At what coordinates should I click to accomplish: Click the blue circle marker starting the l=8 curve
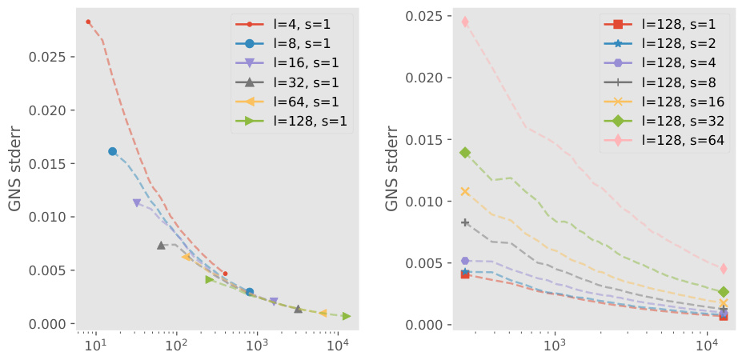coord(112,151)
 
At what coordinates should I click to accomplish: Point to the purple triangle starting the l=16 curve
coord(137,203)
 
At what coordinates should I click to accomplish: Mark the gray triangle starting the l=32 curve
coord(161,245)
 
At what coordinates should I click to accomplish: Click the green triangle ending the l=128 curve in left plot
coord(346,316)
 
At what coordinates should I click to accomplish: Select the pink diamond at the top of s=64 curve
coord(465,22)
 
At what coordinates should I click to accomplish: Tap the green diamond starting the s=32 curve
coord(465,152)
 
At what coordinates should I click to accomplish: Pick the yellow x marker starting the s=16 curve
coord(465,191)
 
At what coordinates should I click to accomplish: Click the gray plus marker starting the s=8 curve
coord(465,222)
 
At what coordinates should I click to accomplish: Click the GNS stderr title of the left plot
coord(15,169)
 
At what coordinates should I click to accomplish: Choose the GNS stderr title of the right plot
coord(392,169)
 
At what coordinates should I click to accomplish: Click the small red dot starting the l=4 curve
coord(88,22)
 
